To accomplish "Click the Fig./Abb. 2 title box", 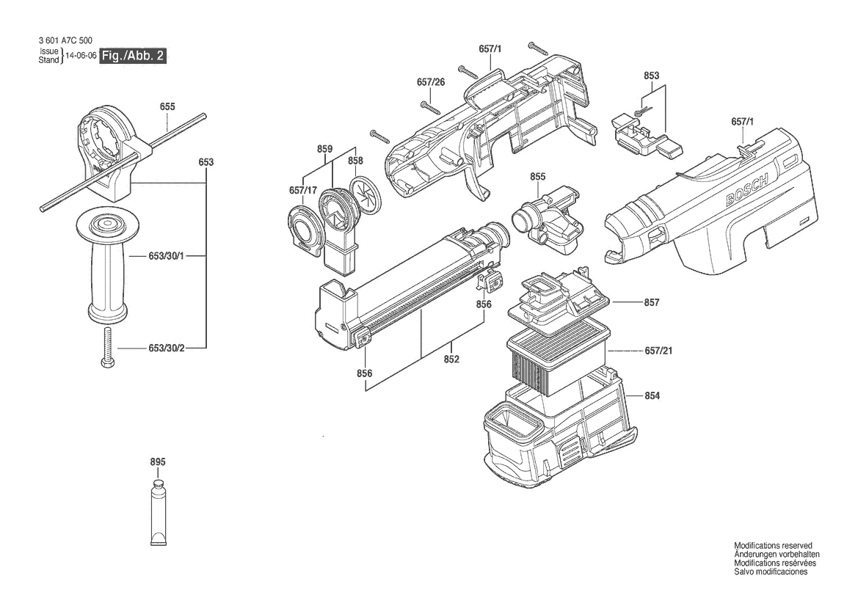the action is (132, 56).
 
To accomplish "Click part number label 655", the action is (167, 106).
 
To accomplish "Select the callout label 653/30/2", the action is (167, 348).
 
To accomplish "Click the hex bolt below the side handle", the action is (108, 348).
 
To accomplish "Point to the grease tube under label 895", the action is (159, 513).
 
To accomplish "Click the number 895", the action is (158, 462).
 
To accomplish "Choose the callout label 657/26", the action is (431, 82).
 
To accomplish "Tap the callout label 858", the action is (355, 160).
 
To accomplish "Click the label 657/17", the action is (303, 190).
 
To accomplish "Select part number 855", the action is (537, 177).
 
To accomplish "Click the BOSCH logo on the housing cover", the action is (747, 189).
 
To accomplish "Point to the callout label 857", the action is (652, 302).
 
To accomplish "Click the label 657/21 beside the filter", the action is (658, 351).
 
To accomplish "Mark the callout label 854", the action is (652, 395).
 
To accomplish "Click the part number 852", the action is (451, 359).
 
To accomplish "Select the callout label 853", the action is (651, 76).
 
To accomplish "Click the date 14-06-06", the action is (81, 56).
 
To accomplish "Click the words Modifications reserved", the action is (773, 545).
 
